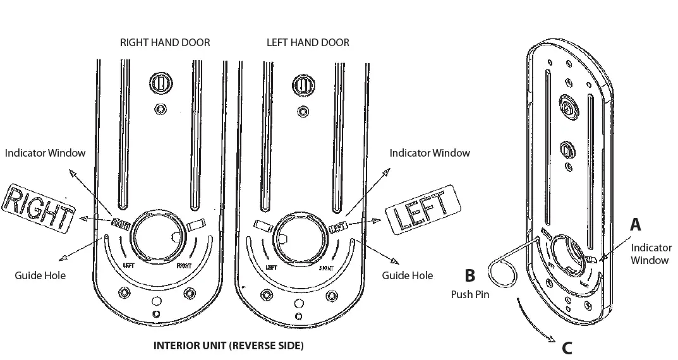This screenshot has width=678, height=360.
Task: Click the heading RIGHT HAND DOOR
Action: point(165,43)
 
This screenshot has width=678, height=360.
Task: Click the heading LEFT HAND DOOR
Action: point(308,43)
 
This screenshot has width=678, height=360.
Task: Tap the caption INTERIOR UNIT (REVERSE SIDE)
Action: point(229,346)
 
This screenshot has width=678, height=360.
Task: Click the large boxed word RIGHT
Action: point(38,207)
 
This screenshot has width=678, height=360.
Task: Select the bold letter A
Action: point(635,224)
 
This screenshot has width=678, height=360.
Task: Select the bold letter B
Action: point(469,275)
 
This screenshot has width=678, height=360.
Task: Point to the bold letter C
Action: point(567,347)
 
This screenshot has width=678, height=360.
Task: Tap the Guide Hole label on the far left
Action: point(40,275)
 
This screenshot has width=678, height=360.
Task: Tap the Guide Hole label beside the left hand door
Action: point(408,275)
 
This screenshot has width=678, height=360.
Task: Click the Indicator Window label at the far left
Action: point(45,153)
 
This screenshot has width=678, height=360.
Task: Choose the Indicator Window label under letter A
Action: point(651,254)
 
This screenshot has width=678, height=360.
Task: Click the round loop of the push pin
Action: point(502,277)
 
